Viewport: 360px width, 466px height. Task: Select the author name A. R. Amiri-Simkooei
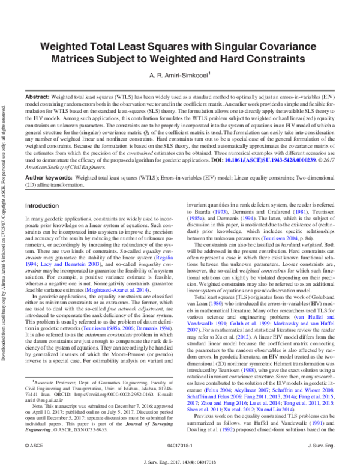tap(177, 76)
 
